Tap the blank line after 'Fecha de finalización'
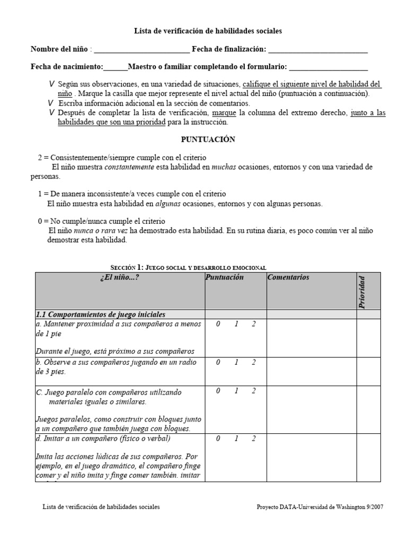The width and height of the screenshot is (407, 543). [x=318, y=50]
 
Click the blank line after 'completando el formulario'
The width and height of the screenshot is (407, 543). [x=329, y=67]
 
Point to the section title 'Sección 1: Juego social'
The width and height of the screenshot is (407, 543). [x=188, y=268]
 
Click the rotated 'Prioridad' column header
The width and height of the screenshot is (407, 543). [x=362, y=291]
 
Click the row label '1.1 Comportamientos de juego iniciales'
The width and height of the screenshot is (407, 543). [x=101, y=314]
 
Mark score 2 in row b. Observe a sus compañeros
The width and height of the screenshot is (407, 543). [x=254, y=363]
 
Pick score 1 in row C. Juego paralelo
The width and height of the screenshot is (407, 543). [x=236, y=391]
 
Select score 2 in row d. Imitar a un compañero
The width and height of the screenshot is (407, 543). [x=254, y=439]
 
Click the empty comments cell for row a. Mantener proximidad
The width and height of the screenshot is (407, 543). [x=311, y=338]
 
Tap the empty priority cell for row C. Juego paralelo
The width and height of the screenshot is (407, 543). [x=368, y=410]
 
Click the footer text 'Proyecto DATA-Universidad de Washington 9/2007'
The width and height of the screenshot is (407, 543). [x=320, y=507]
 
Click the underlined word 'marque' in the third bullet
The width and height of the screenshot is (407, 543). [x=224, y=113]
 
